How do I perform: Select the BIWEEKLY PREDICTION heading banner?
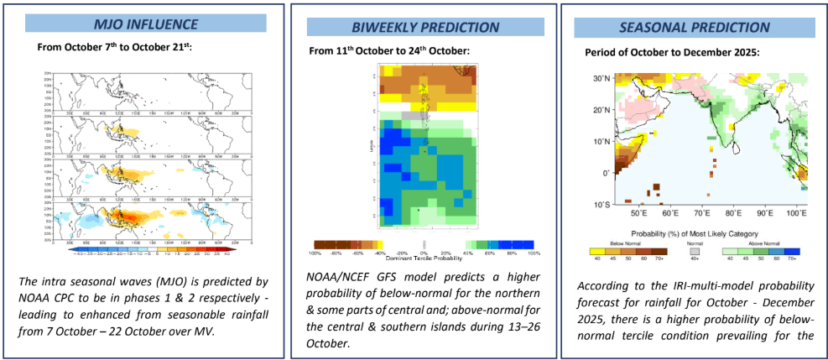tap(414, 27)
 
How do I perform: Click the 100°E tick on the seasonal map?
tap(797, 213)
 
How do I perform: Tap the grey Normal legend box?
tap(693, 249)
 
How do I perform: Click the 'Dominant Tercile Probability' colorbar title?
tap(423, 258)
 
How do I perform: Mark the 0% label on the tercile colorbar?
tap(424, 252)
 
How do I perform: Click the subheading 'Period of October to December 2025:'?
tap(672, 52)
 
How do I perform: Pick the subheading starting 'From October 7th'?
tap(115, 47)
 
